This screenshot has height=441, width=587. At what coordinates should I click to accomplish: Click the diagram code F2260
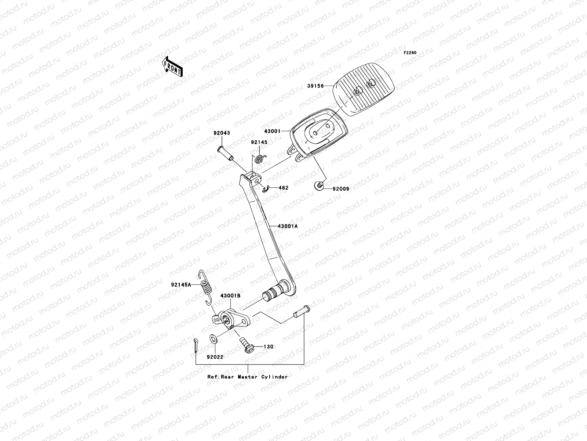coord(410,53)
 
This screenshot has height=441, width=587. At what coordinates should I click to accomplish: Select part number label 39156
coord(315,86)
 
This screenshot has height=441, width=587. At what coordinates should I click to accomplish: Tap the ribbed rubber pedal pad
coord(364,90)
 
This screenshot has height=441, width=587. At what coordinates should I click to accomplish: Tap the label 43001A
coord(288,226)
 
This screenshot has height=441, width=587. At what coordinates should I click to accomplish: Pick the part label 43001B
coord(230,306)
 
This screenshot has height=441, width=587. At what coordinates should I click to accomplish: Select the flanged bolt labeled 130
coord(247,345)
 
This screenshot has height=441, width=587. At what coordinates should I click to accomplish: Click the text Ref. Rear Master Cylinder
coord(247,377)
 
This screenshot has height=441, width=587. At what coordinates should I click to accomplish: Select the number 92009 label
coord(341,189)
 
